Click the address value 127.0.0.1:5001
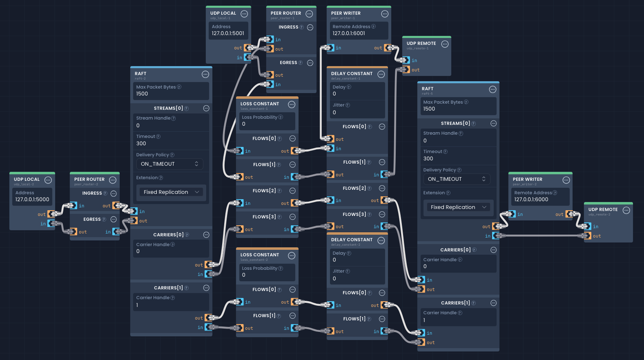click(228, 33)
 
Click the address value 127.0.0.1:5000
click(32, 200)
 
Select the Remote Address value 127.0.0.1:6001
click(349, 33)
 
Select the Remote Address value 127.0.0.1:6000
click(531, 200)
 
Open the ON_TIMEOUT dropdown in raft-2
click(169, 164)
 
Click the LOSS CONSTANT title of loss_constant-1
click(260, 104)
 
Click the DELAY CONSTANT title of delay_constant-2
click(352, 240)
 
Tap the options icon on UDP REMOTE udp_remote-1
click(445, 44)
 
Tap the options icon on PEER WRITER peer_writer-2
click(566, 180)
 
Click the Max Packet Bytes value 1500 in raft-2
click(142, 94)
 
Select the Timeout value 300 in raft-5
click(428, 159)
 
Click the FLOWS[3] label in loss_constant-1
click(264, 217)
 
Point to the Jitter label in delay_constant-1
click(339, 105)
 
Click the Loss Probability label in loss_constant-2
click(259, 268)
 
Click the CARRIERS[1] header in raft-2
click(168, 288)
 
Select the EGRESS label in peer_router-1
click(288, 62)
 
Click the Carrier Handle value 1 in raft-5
click(424, 320)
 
